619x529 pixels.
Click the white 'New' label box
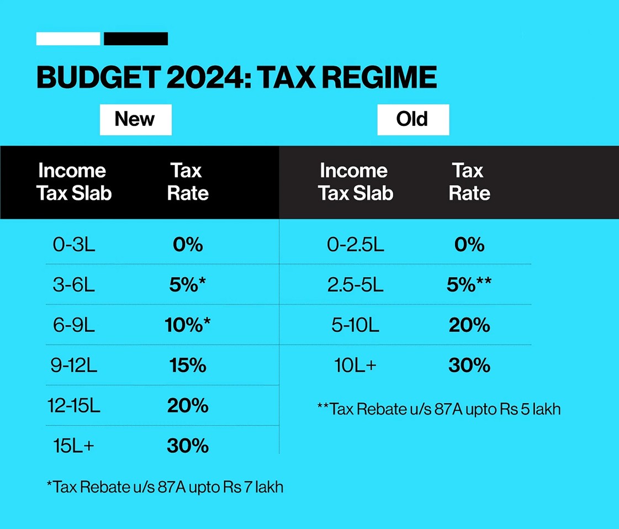[135, 119]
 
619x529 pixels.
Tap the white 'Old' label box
[412, 119]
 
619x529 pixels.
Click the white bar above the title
[68, 39]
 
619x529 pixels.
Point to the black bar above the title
[136, 39]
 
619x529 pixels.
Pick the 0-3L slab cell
[74, 245]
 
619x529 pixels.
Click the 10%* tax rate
[188, 325]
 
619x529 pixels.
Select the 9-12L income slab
[74, 366]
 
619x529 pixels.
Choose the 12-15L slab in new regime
[74, 406]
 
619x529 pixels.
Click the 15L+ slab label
[74, 446]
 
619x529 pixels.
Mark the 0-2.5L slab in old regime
[355, 245]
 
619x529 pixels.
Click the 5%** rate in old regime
[469, 285]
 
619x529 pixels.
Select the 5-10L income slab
[355, 325]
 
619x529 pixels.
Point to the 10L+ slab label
[355, 366]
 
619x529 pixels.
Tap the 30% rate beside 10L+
[469, 366]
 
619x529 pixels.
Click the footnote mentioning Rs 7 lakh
[165, 487]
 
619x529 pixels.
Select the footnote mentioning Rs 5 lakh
[439, 409]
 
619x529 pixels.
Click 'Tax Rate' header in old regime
[469, 182]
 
